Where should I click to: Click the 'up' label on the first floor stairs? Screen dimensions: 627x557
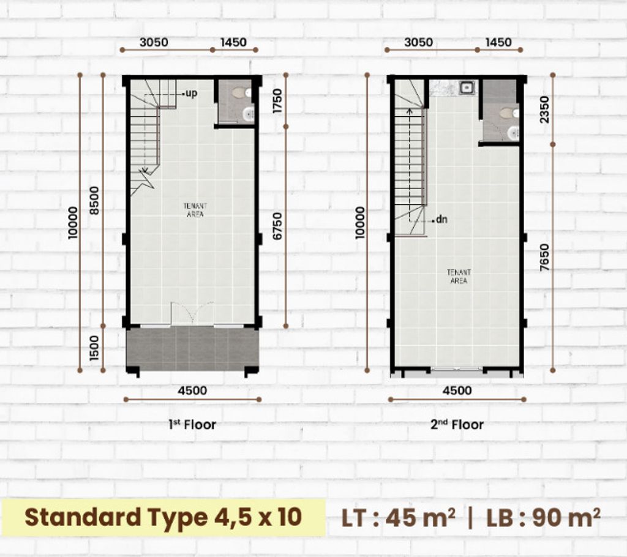[192, 94]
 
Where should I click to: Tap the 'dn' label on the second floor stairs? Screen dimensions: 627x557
[441, 220]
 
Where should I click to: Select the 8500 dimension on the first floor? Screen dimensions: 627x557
[94, 200]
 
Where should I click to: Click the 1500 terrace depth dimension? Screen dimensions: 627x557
[94, 348]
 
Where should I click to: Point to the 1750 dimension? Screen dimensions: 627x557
[277, 101]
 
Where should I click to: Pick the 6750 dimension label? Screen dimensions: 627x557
[277, 226]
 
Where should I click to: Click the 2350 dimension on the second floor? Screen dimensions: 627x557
[544, 110]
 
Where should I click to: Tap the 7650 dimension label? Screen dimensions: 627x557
[544, 258]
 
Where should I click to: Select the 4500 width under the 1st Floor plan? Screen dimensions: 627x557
[192, 391]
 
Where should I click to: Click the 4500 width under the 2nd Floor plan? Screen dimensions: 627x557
[457, 391]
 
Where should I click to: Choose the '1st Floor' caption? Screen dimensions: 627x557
[192, 424]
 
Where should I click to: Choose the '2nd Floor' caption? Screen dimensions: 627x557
[457, 424]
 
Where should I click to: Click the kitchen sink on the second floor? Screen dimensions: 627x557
[467, 88]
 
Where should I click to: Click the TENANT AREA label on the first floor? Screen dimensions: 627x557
[195, 210]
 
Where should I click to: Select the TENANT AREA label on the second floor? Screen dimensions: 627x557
[459, 276]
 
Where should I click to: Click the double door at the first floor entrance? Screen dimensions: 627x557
[192, 313]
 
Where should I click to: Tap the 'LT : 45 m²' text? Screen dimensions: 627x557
[398, 518]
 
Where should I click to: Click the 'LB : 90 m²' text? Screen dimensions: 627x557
[543, 518]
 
